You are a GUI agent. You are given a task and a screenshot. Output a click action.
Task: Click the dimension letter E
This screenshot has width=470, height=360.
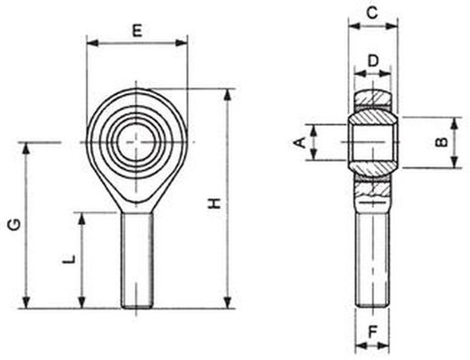(x=137, y=31)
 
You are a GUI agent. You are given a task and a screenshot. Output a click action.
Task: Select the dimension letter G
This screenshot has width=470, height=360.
(x=14, y=224)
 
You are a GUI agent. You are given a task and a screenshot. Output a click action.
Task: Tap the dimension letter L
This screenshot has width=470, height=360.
(x=69, y=259)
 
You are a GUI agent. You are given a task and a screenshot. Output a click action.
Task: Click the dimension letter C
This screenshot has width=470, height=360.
(x=372, y=13)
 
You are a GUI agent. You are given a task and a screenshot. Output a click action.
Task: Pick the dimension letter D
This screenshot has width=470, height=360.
(x=373, y=62)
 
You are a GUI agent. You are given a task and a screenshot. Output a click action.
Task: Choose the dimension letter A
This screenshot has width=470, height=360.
(x=299, y=142)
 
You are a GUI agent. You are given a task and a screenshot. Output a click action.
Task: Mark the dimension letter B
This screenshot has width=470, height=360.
(x=442, y=142)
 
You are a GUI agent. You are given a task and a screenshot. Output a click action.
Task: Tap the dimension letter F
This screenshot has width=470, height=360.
(x=373, y=332)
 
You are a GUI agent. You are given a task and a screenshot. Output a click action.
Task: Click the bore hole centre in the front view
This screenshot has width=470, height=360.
(x=136, y=142)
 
